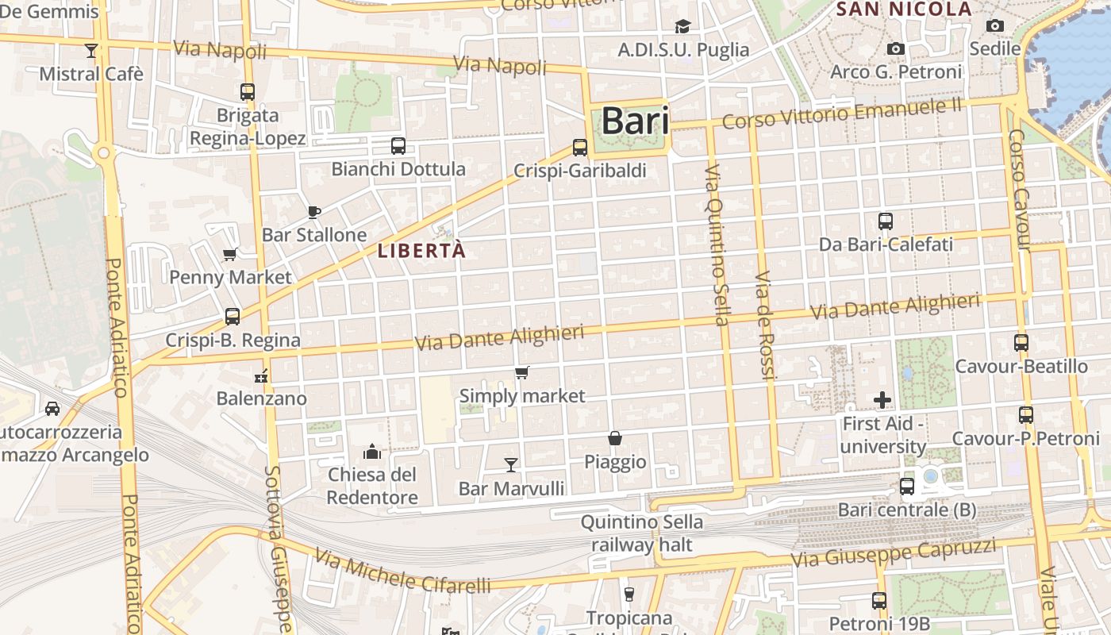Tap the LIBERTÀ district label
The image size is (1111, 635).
421,251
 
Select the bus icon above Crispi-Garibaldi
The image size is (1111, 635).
580,148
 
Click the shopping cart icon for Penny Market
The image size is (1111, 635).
230,255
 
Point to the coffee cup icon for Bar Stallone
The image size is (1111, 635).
314,212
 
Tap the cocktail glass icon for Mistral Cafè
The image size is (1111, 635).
91,51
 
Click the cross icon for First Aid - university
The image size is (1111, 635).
882,400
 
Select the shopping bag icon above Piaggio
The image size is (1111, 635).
615,438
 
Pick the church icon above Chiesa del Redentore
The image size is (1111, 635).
372,452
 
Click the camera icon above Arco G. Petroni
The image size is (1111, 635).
896,49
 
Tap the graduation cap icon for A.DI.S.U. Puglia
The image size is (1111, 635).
683,27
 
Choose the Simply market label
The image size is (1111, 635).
522,395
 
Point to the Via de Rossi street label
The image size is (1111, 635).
764,325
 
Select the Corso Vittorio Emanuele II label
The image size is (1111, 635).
842,114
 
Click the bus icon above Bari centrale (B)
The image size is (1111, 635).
907,487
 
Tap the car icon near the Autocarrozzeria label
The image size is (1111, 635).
52,409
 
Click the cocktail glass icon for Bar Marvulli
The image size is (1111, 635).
511,464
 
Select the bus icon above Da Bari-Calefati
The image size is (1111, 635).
886,221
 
